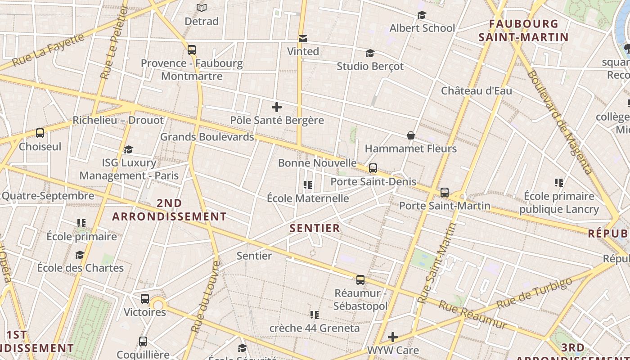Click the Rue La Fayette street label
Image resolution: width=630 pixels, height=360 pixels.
[x=48, y=49]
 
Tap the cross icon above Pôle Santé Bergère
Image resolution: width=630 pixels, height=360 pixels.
[x=277, y=107]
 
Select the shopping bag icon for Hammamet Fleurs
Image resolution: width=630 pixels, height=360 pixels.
[x=410, y=135]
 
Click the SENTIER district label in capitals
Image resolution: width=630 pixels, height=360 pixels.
[x=315, y=228]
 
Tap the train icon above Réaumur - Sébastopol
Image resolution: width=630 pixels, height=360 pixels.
[x=360, y=280]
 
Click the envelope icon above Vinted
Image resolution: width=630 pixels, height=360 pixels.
[x=303, y=39]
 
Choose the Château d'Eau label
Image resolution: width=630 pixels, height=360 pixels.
[x=476, y=90]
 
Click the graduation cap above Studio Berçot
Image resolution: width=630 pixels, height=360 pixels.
[x=370, y=54]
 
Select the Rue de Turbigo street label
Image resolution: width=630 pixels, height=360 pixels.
[x=535, y=292]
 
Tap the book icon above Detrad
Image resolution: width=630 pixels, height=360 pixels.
[x=202, y=8]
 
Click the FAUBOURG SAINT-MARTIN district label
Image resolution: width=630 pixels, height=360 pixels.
[x=523, y=30]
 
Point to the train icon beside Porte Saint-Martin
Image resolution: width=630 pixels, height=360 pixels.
[x=444, y=193]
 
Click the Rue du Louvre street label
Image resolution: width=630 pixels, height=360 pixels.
[x=205, y=297]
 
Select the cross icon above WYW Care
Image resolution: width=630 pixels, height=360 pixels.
[x=393, y=337]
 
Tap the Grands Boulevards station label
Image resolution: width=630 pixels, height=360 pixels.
[x=207, y=137]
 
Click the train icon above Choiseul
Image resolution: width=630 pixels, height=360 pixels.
[x=40, y=133]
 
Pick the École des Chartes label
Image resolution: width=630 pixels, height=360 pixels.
[x=80, y=268]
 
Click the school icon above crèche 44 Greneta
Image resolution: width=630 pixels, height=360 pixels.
[x=314, y=315]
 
